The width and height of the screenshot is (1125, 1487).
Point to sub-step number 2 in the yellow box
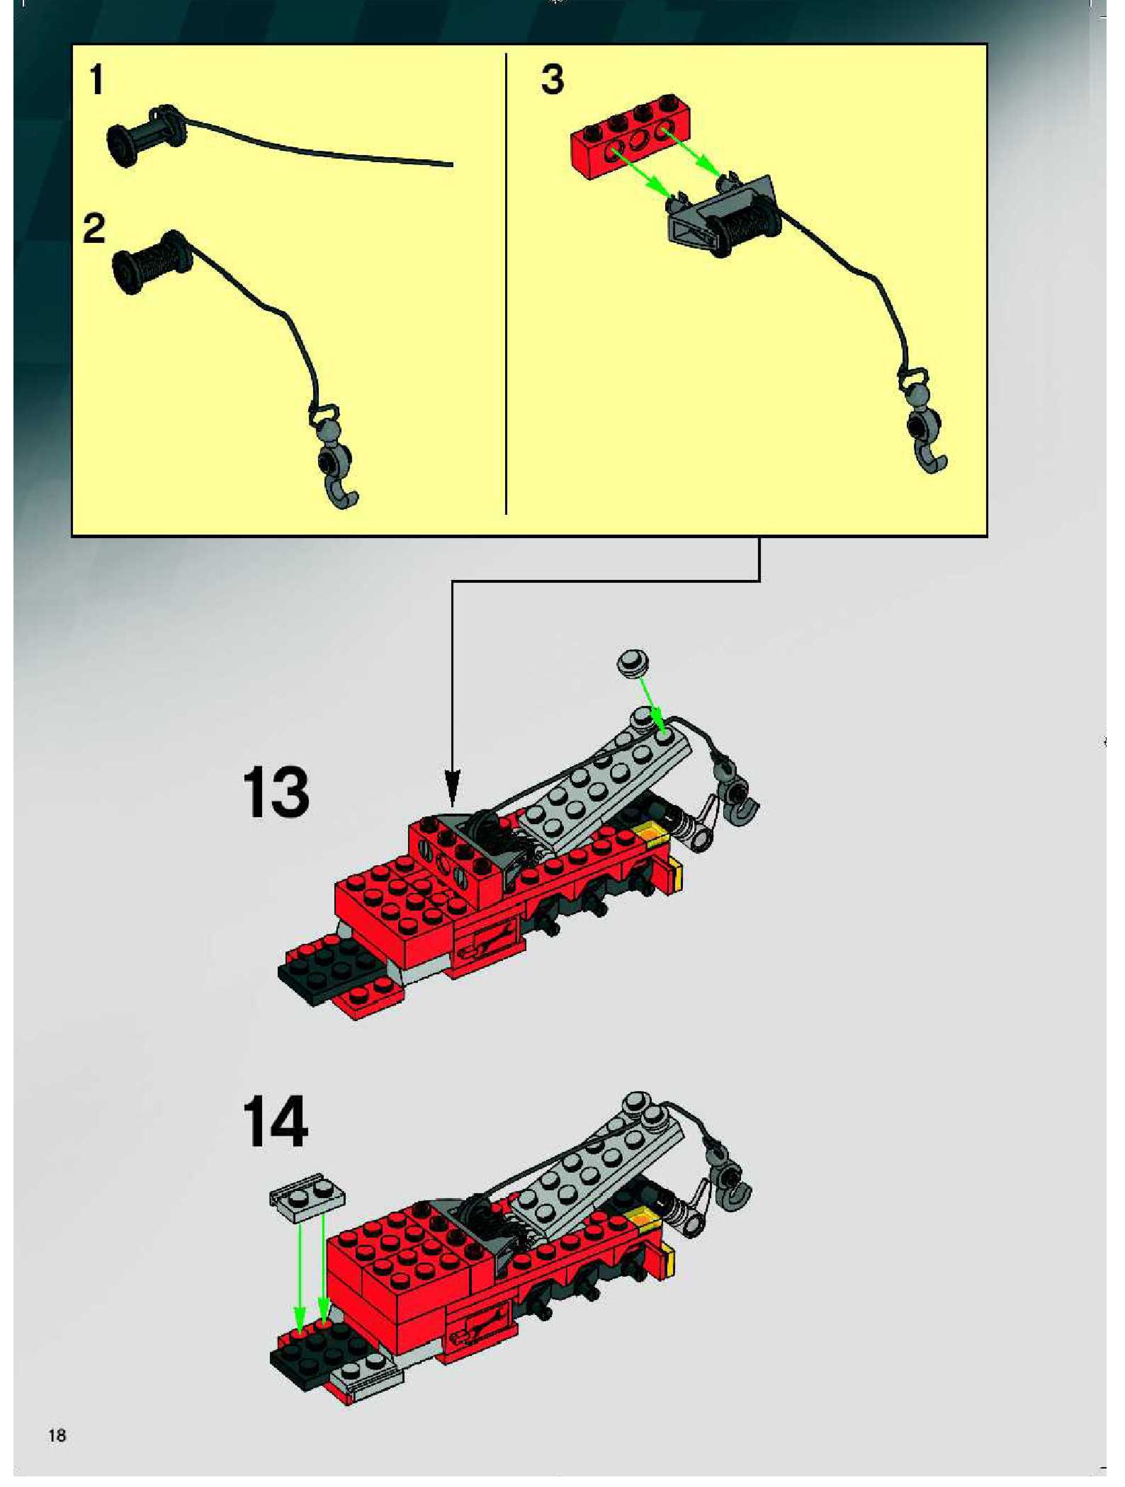(x=94, y=229)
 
